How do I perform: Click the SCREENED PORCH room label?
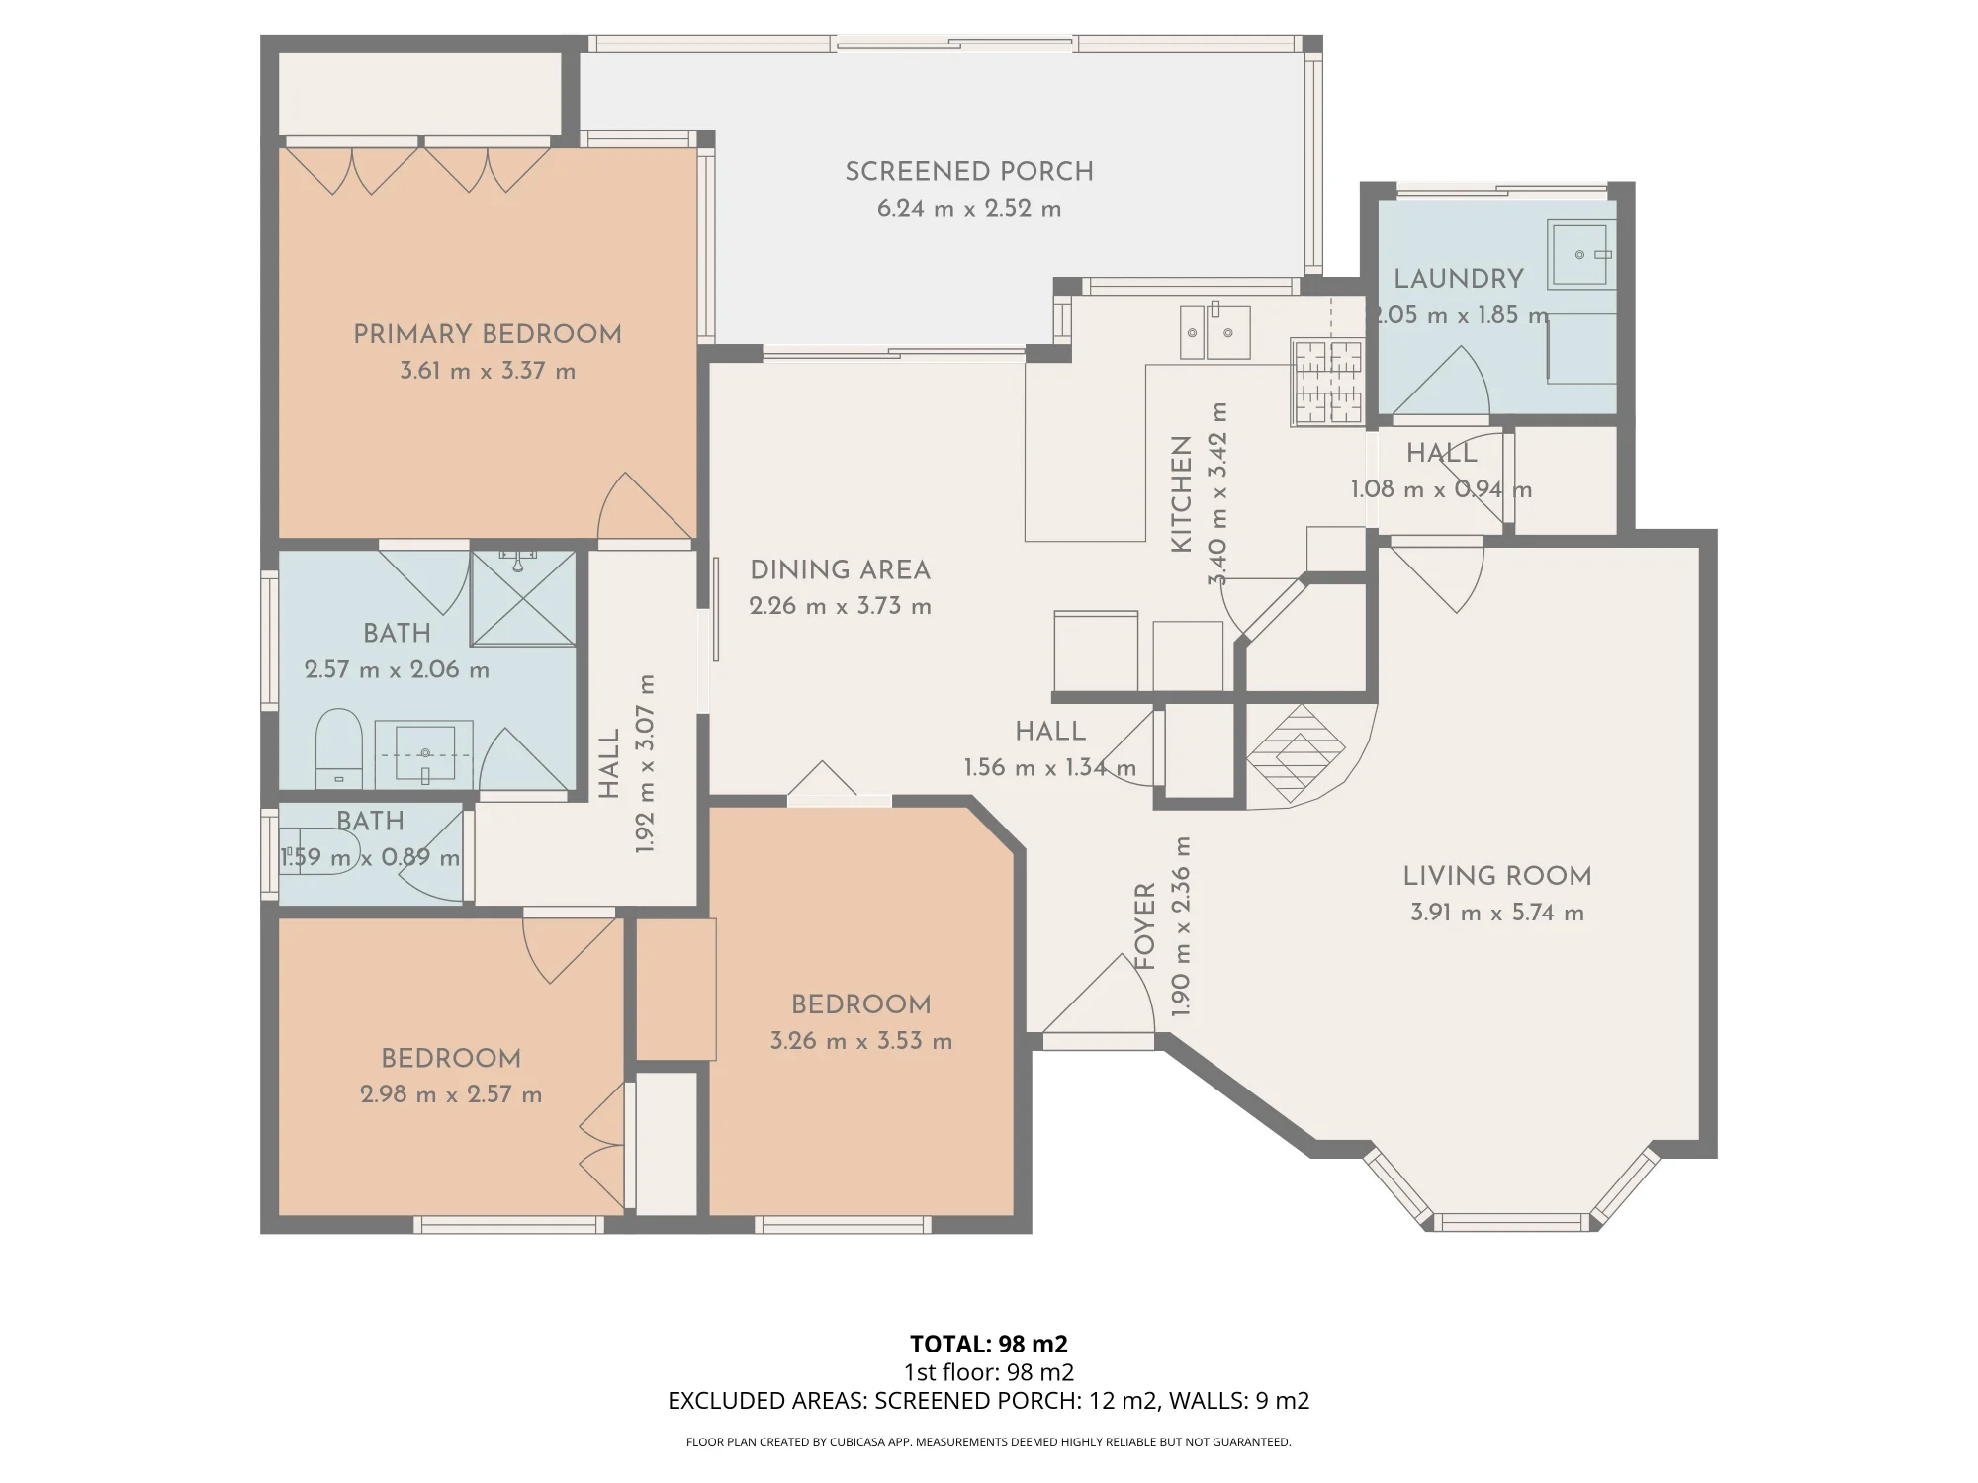[x=969, y=172]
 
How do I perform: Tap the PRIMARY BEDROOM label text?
[x=488, y=334]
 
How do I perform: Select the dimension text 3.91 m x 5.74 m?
[x=1497, y=913]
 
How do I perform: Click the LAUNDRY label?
[x=1458, y=279]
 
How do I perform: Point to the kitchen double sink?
[x=1214, y=331]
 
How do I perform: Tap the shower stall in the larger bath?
[x=522, y=598]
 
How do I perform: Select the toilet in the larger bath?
[x=338, y=747]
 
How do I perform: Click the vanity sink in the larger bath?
[x=425, y=753]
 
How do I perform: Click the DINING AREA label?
[x=840, y=570]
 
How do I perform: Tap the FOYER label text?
[x=1145, y=926]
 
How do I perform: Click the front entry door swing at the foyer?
[x=1098, y=994]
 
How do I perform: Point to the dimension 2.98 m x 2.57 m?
[x=451, y=1094]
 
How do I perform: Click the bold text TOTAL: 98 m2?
[x=989, y=1344]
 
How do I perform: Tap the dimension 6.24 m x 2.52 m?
[x=969, y=209]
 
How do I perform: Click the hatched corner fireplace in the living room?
[x=1296, y=753]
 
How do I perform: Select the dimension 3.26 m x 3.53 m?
[x=861, y=1041]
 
